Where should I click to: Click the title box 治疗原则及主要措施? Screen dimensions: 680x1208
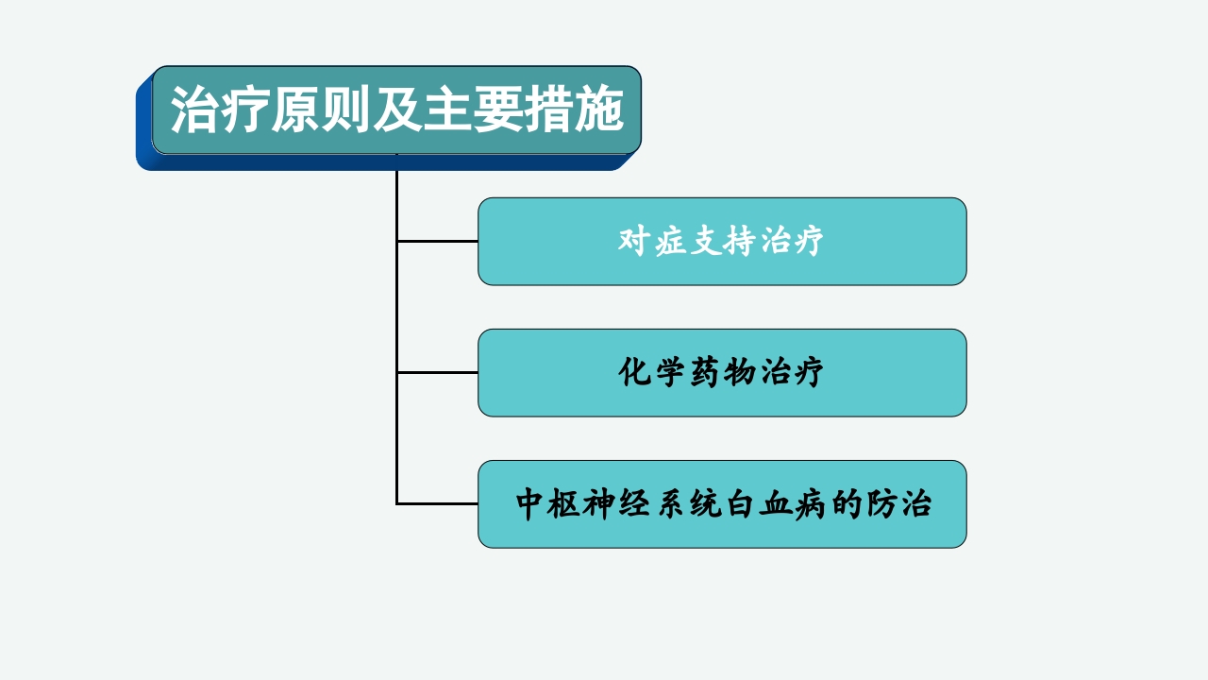pos(396,110)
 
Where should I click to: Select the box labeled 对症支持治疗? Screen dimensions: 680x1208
pos(722,241)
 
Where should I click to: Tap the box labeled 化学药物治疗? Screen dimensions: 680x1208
pos(722,372)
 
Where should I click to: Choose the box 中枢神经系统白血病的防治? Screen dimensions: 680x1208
pos(722,503)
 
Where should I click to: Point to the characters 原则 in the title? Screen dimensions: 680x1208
pos(305,110)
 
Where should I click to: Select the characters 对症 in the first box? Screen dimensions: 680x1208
pos(652,241)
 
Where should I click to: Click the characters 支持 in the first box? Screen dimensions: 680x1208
pos(722,241)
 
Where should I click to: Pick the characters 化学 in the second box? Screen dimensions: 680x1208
pos(652,372)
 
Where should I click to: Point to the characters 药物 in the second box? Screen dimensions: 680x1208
pos(722,372)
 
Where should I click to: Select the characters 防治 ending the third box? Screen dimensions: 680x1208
pos(897,503)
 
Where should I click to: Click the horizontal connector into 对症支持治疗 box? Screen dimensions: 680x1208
pos(437,241)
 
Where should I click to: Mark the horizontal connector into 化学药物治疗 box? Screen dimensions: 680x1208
pos(437,372)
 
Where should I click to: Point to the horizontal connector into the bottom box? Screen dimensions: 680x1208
pos(437,503)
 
